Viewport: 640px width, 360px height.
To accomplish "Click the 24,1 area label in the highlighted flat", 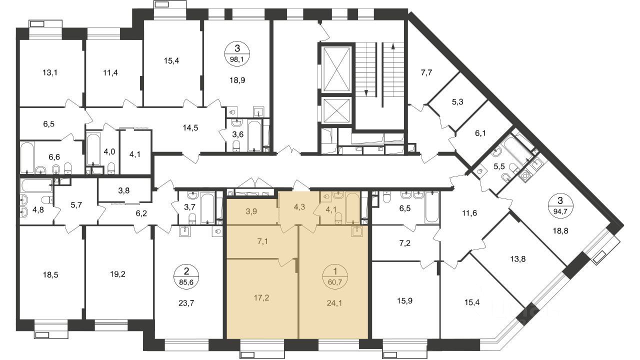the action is click(x=334, y=303).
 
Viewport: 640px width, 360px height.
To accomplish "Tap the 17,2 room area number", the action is click(x=261, y=298).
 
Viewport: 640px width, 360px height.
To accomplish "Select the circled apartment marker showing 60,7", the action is click(x=335, y=276).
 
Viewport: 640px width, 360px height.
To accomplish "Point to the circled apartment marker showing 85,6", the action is click(x=186, y=276).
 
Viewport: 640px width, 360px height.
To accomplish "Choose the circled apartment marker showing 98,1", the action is click(x=237, y=53).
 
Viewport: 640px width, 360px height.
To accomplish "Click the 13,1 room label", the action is click(x=50, y=72).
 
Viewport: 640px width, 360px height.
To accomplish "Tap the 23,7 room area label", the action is click(x=186, y=303).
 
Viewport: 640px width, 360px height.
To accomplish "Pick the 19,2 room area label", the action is click(x=117, y=274).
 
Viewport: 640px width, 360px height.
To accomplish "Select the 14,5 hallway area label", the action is click(x=190, y=127).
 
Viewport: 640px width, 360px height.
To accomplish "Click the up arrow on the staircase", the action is click(x=393, y=75).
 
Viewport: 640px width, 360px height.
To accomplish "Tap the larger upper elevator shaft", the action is click(x=336, y=69).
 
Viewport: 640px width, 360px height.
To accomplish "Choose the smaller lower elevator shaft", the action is click(x=336, y=111).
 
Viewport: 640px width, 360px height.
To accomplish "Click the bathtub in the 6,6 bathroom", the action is click(x=27, y=157).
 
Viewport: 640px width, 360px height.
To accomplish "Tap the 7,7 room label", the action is click(x=426, y=72).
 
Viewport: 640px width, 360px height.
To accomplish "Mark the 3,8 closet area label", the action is click(x=123, y=190).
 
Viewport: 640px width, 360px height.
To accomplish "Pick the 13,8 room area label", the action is click(x=517, y=259).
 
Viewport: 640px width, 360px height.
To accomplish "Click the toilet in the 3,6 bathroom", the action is click(x=237, y=145).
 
